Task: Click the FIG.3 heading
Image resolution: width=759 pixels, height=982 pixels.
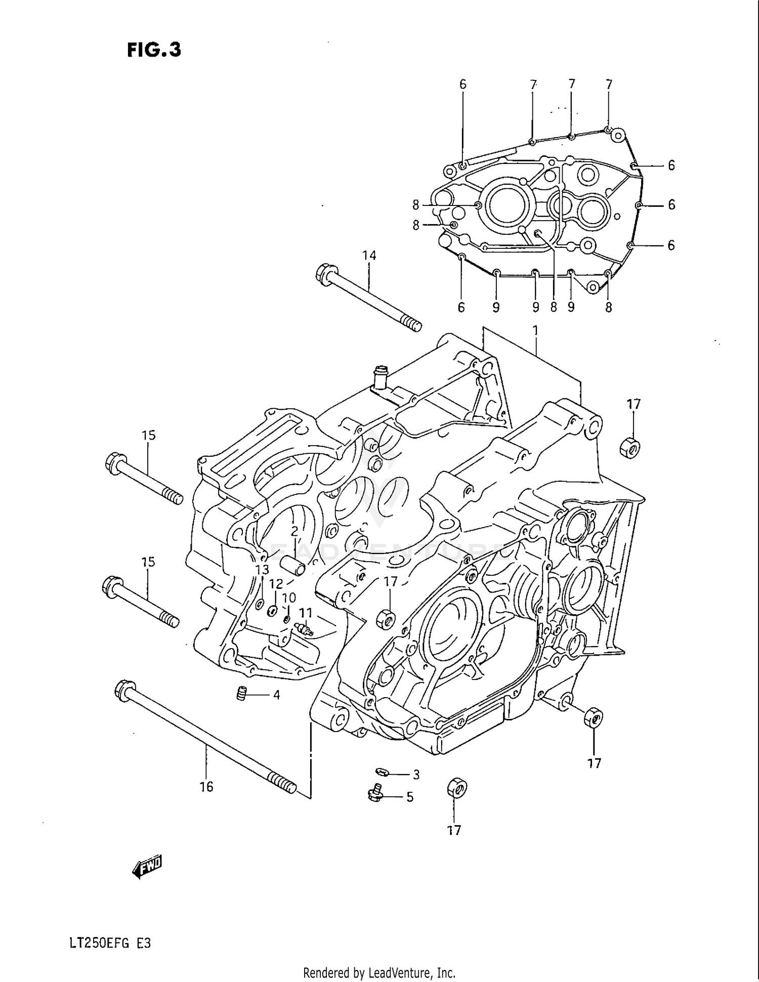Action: point(154,50)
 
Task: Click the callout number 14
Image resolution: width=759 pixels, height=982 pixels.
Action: point(369,255)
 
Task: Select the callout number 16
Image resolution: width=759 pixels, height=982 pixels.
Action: point(206,787)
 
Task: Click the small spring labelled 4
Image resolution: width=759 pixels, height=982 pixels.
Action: point(242,694)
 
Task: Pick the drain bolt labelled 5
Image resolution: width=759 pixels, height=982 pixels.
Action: point(374,795)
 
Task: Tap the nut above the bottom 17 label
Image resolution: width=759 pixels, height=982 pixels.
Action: point(456,788)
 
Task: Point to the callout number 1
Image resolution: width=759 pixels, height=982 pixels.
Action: point(535,331)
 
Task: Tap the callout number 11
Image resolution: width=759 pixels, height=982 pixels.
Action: point(306,612)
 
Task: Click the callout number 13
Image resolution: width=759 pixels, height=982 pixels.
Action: point(262,570)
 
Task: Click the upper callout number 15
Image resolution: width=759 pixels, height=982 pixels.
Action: point(148,435)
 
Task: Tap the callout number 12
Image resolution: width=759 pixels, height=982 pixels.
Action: point(276,584)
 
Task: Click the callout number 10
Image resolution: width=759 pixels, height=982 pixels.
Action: point(288,598)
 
